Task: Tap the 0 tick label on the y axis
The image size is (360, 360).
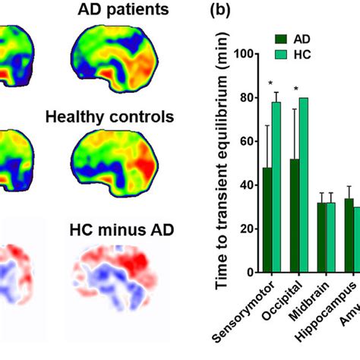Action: click(x=250, y=272)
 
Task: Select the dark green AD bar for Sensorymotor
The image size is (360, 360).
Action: click(x=268, y=219)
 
